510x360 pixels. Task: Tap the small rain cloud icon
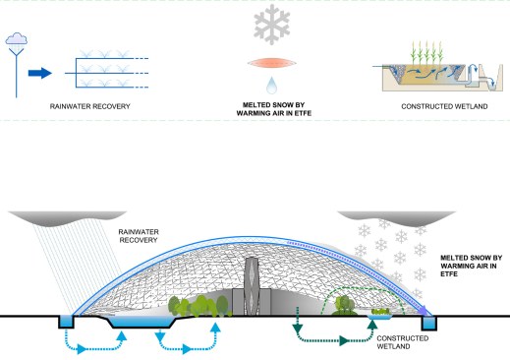tap(17, 38)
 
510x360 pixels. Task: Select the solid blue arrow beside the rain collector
tap(40, 73)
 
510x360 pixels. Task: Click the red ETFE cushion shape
tap(272, 63)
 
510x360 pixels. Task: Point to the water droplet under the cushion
tap(271, 86)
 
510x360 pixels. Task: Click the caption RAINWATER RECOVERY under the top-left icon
tap(90, 106)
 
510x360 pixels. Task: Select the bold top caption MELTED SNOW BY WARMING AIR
tap(274, 109)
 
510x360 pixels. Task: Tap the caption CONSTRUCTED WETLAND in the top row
tap(444, 106)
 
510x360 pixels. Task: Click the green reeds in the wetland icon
tap(426, 52)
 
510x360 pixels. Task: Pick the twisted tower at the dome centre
tap(252, 286)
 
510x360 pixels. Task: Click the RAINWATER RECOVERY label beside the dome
tap(139, 236)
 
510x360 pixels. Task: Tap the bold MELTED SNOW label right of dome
tap(471, 266)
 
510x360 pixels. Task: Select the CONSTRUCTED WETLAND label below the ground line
tap(403, 342)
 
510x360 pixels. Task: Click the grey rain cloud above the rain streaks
tap(67, 218)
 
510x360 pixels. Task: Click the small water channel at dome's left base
tap(67, 322)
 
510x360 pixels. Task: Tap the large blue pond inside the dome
tap(142, 322)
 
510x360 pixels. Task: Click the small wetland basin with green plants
tap(380, 314)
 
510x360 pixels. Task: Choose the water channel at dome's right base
tap(429, 323)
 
